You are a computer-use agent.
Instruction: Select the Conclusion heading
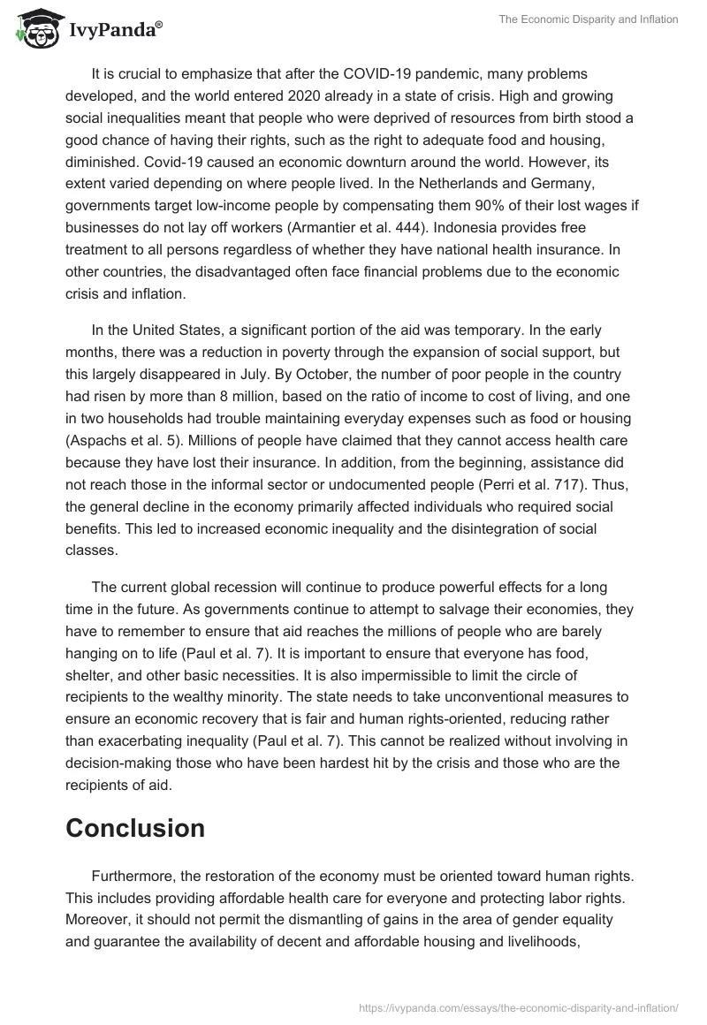click(x=135, y=828)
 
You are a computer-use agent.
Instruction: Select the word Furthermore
click(x=133, y=876)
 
